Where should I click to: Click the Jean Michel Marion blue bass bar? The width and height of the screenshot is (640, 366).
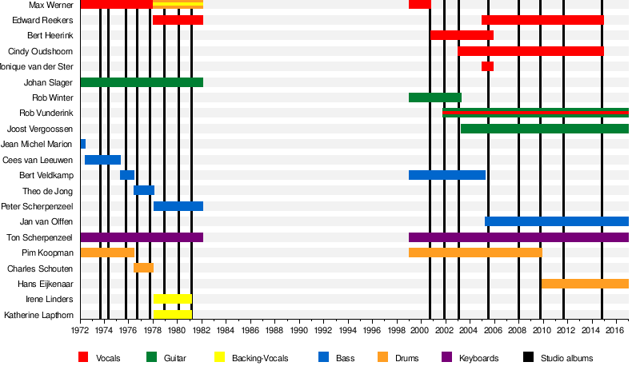pyautogui.click(x=82, y=144)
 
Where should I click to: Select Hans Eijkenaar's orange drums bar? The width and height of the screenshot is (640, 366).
pyautogui.click(x=585, y=284)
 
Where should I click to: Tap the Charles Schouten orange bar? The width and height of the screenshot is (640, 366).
pyautogui.click(x=143, y=268)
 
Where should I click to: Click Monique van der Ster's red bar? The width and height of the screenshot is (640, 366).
pyautogui.click(x=487, y=66)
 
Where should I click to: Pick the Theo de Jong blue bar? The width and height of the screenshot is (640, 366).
pyautogui.click(x=144, y=190)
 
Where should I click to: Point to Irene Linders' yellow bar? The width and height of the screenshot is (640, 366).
pyautogui.click(x=172, y=299)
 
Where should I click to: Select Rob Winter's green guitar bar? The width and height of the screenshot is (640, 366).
pyautogui.click(x=434, y=97)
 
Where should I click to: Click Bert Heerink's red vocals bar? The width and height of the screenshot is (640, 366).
pyautogui.click(x=462, y=35)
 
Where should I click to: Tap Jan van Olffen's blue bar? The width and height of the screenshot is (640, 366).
pyautogui.click(x=556, y=221)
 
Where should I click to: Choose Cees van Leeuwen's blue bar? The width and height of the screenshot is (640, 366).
pyautogui.click(x=102, y=160)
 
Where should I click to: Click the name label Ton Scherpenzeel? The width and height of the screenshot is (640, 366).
pyautogui.click(x=40, y=237)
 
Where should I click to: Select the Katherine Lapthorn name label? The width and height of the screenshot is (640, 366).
pyautogui.click(x=38, y=315)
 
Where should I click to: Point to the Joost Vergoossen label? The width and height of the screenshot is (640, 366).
pyautogui.click(x=40, y=129)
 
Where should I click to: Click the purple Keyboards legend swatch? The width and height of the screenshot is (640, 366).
pyautogui.click(x=446, y=358)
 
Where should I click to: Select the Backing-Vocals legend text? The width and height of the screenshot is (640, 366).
pyautogui.click(x=259, y=358)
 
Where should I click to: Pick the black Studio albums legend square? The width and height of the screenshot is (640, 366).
pyautogui.click(x=528, y=358)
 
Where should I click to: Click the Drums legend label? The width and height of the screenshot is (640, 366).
pyautogui.click(x=406, y=358)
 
